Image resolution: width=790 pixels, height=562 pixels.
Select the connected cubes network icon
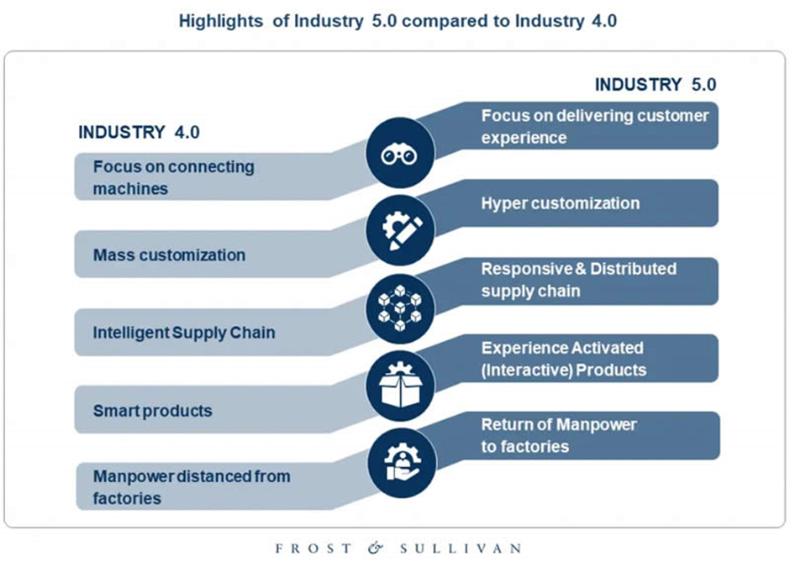(x=400, y=307)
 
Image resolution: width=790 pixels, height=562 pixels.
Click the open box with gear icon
(x=400, y=385)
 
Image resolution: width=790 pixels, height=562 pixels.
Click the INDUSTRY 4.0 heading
(x=139, y=133)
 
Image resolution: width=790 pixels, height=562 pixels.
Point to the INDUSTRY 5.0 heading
(x=655, y=85)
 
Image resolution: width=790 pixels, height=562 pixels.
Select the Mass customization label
(x=169, y=255)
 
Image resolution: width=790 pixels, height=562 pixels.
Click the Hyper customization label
(x=560, y=203)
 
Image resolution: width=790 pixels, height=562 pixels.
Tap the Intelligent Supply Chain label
(x=184, y=333)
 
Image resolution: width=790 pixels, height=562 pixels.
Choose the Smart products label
(x=152, y=411)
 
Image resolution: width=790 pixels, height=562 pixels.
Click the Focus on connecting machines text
(x=172, y=177)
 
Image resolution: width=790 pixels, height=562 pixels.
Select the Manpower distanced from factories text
(x=191, y=486)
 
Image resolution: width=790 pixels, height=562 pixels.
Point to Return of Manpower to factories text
(x=558, y=435)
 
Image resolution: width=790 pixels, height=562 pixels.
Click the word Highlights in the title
(x=220, y=21)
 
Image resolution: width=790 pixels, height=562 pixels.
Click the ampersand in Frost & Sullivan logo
(x=375, y=548)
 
